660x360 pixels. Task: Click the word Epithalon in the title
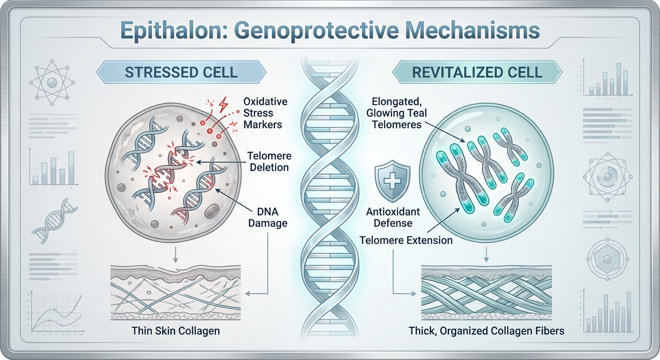point(174,30)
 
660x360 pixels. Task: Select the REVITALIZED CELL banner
point(477,72)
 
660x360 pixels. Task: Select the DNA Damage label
point(267,217)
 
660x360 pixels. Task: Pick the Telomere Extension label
point(406,240)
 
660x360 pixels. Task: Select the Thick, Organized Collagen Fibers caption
point(486,331)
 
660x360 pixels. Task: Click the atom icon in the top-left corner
point(52,82)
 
